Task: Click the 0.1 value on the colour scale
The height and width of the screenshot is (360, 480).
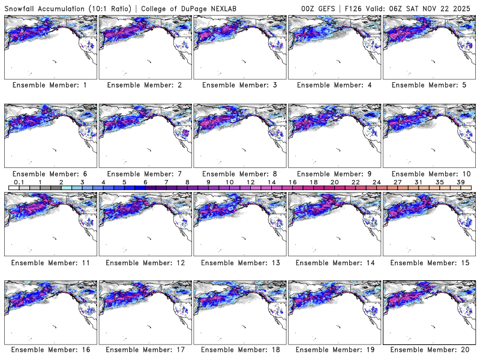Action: tap(19, 182)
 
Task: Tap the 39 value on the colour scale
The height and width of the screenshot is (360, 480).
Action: tap(461, 182)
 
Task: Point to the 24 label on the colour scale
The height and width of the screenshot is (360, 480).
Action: tap(377, 182)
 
